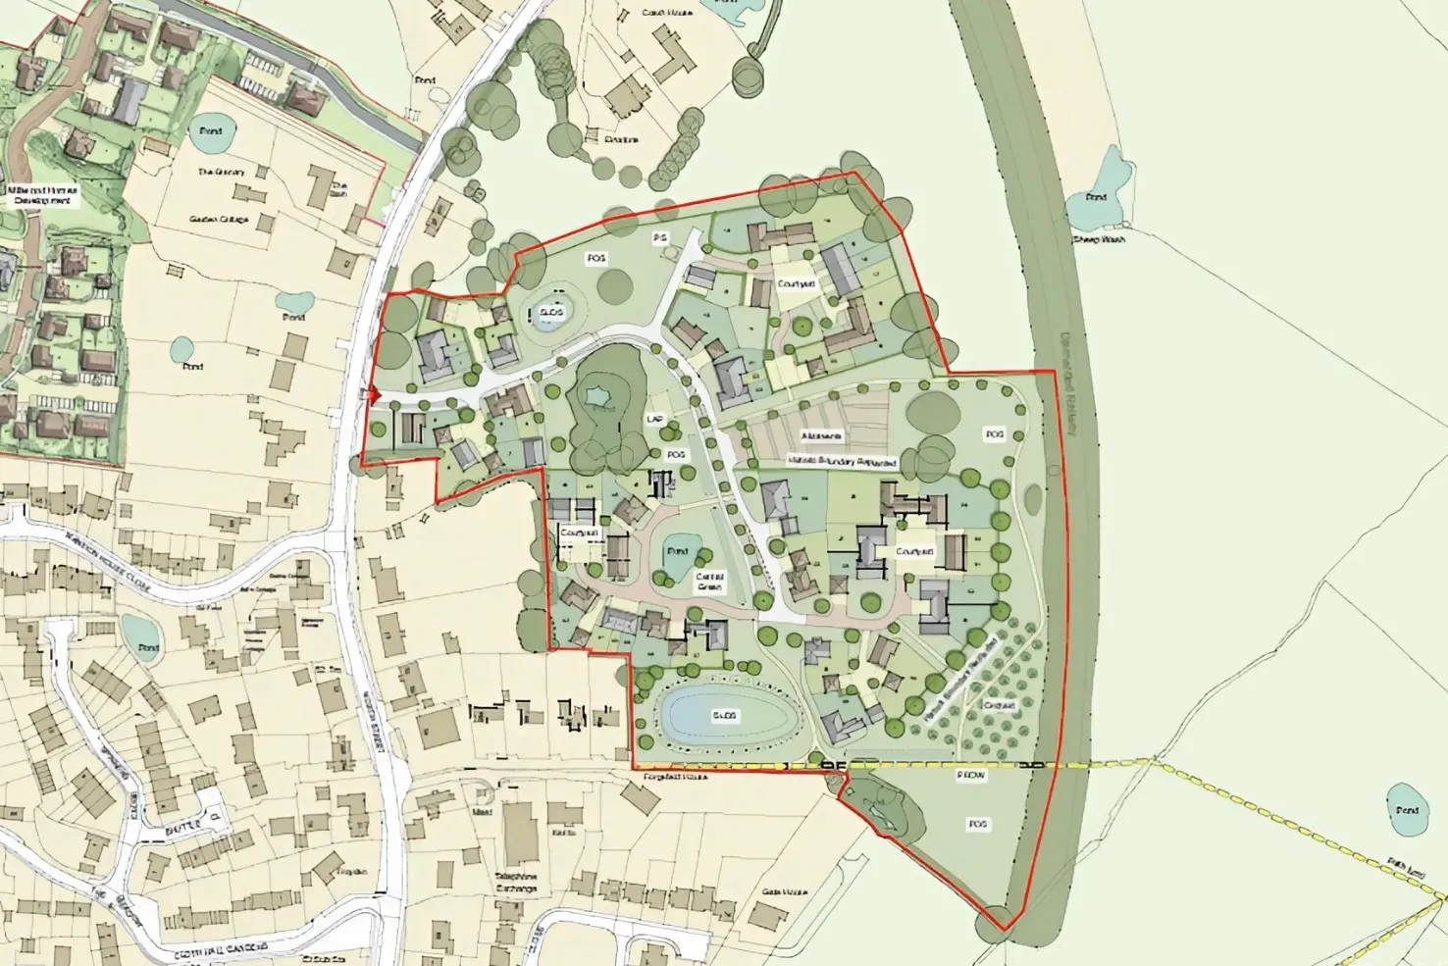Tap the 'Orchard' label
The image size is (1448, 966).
[998, 705]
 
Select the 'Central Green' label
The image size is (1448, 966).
[708, 582]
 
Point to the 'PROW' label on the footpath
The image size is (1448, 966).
[970, 775]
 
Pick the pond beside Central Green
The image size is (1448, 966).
[677, 551]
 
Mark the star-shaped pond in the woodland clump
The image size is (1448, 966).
[595, 395]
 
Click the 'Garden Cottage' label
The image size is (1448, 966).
[219, 220]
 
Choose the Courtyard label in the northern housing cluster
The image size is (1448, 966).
[796, 283]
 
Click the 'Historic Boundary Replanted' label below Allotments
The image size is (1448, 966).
[842, 460]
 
